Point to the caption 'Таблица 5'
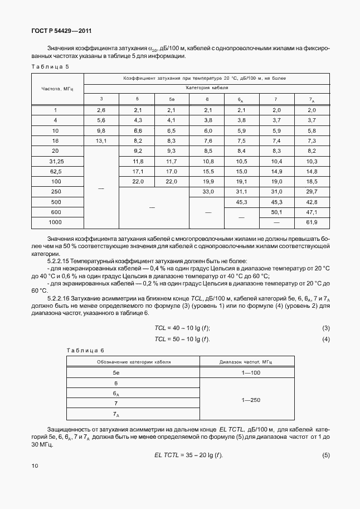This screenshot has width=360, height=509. (x=50, y=67)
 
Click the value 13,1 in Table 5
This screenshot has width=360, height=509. (x=101, y=140)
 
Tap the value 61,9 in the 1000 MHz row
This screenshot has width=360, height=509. (x=312, y=222)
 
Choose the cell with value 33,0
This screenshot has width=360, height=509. (x=207, y=191)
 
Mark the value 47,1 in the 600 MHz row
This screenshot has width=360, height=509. (x=312, y=212)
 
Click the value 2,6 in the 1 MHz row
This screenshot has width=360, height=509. (x=101, y=110)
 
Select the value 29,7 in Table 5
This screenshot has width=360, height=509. (x=312, y=191)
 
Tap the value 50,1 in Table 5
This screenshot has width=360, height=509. (x=277, y=212)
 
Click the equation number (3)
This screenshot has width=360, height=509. (x=326, y=327)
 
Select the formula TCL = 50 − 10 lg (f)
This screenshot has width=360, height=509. (x=182, y=340)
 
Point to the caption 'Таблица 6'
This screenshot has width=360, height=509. (x=85, y=350)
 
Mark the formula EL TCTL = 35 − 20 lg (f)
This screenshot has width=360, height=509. (x=188, y=456)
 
